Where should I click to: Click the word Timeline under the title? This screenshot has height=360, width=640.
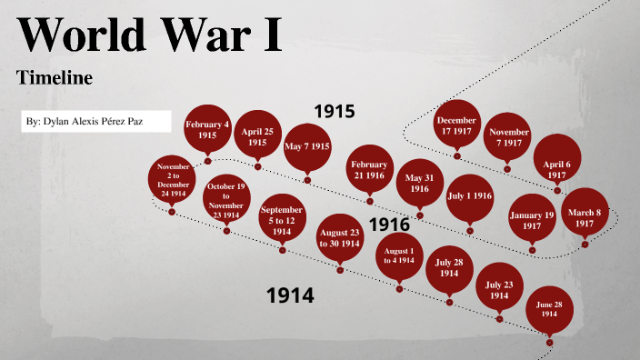(55, 78)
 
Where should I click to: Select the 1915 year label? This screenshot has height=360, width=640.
(334, 111)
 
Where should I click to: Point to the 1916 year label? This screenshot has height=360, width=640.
(389, 225)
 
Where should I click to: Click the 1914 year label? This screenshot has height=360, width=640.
(290, 295)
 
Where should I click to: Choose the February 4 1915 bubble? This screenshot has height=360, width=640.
(207, 129)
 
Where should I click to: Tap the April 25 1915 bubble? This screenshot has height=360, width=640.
(257, 136)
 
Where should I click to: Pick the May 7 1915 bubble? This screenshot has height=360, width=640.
(307, 146)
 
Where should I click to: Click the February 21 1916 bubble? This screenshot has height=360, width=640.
(370, 169)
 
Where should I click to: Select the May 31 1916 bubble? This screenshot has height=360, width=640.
(419, 183)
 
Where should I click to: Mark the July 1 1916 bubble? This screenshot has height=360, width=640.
(469, 195)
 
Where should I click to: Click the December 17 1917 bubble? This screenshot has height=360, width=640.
(456, 125)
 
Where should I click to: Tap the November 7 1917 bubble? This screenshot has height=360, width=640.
(506, 137)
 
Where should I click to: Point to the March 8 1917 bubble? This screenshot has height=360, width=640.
(585, 217)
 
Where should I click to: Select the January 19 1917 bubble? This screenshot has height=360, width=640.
(531, 219)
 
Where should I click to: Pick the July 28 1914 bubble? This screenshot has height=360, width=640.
(448, 268)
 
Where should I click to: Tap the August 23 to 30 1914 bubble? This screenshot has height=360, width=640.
(341, 238)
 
